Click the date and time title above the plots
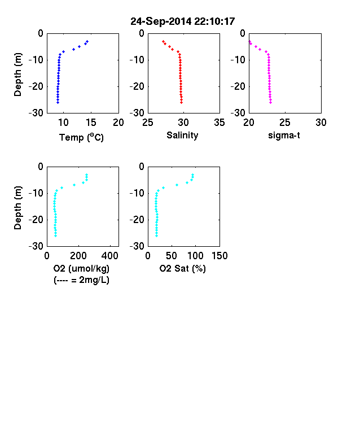(183, 21)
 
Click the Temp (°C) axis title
(81, 137)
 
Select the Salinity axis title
(182, 136)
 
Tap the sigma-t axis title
(284, 136)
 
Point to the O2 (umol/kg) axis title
(81, 268)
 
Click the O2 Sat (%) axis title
(182, 268)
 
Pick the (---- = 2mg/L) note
(81, 280)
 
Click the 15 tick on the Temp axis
(91, 123)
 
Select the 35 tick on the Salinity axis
(219, 123)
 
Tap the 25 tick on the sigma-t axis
(285, 123)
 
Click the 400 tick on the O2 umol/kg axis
(110, 256)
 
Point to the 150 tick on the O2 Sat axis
(219, 256)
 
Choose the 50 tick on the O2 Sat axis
(172, 256)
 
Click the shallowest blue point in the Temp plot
(87, 41)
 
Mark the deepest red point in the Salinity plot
(182, 102)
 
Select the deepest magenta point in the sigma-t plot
(271, 102)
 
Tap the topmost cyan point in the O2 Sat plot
(193, 175)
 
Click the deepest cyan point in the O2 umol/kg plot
(55, 236)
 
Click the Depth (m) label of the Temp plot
(17, 75)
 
